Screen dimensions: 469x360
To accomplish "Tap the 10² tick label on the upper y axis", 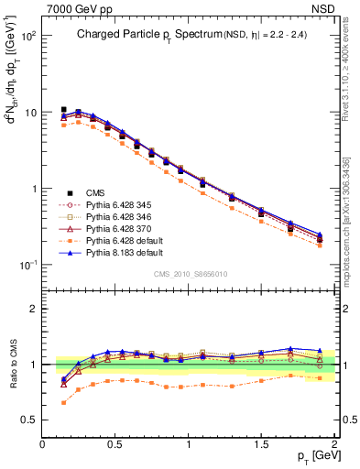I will pyautogui.click(x=28, y=37).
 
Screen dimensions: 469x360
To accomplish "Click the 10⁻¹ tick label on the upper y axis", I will pyautogui.click(x=28, y=266).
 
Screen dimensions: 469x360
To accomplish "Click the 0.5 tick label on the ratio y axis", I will pyautogui.click(x=28, y=420).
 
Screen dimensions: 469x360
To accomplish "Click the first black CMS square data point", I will pyautogui.click(x=63, y=110).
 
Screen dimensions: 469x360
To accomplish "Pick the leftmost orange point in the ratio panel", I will pyautogui.click(x=63, y=402).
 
